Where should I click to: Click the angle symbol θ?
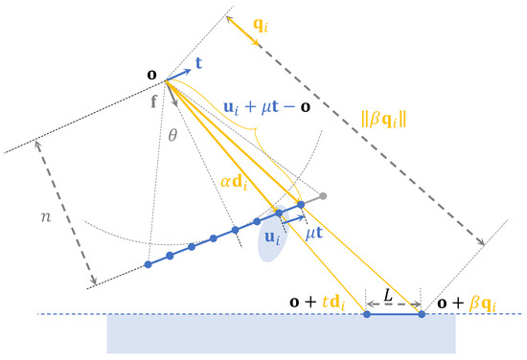[173, 136]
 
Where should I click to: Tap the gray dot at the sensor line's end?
[324, 196]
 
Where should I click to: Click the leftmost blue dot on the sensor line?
[148, 264]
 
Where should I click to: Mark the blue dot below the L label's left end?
[366, 313]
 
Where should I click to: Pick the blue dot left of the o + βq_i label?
[422, 313]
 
